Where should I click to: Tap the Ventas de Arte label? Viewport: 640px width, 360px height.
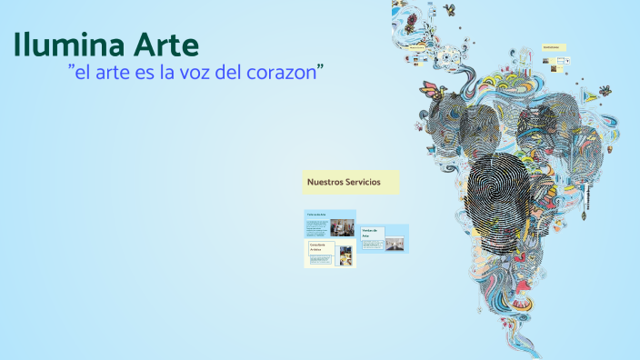(x=372, y=233)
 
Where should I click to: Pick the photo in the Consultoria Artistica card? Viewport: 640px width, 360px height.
(x=345, y=256)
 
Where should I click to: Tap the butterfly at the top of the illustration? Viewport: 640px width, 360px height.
(x=449, y=11)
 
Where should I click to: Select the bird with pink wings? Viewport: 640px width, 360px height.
(x=431, y=88)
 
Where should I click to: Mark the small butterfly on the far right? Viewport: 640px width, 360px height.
(x=601, y=90)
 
